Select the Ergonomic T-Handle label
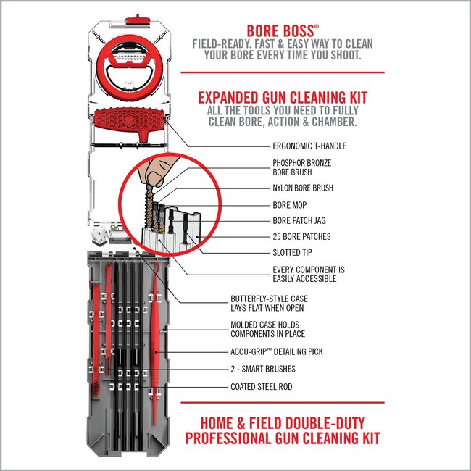click(x=309, y=146)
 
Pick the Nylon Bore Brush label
click(x=303, y=188)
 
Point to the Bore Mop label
click(x=290, y=205)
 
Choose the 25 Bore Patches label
click(x=300, y=236)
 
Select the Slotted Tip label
click(x=293, y=254)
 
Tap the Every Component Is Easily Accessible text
click(x=308, y=275)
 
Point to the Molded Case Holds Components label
click(x=267, y=329)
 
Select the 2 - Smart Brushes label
click(x=263, y=369)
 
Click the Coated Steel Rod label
click(x=262, y=387)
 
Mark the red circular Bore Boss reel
click(x=128, y=64)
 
